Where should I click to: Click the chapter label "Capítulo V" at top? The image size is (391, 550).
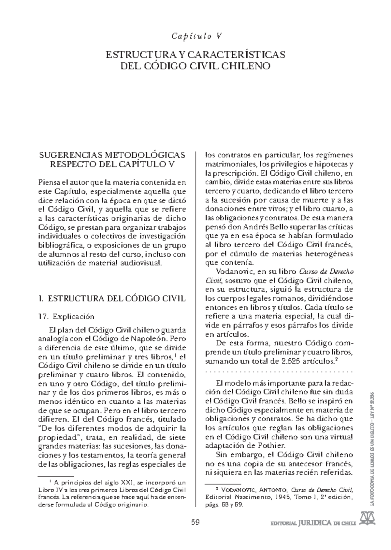click(195, 36)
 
